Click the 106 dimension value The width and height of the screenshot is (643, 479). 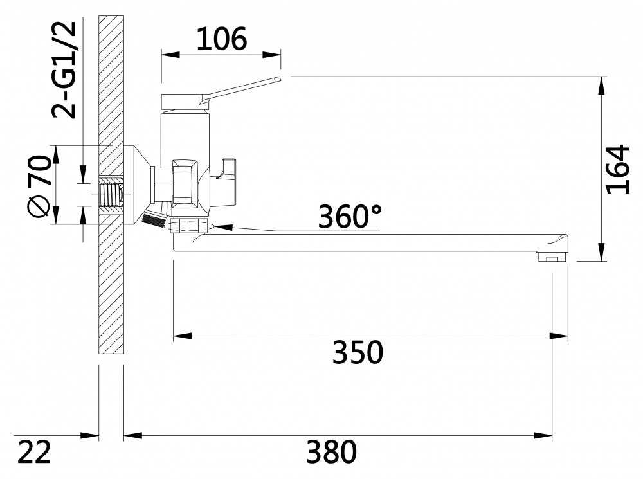pos(221,39)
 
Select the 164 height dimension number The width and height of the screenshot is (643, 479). pos(617,168)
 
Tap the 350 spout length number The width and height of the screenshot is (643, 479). pos(358,352)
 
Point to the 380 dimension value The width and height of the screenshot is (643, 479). pos(331,453)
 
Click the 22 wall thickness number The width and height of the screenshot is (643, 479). pos(33,453)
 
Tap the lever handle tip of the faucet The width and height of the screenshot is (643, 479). pos(277,80)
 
